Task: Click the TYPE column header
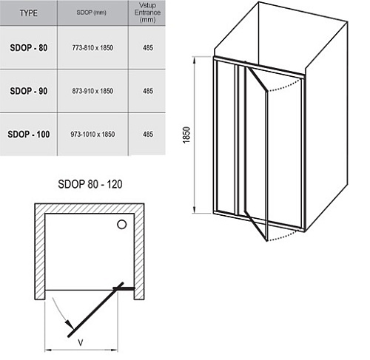[29, 13]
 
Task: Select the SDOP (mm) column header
[91, 13]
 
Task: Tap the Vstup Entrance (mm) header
[147, 13]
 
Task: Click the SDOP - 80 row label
[29, 47]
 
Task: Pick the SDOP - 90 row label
[29, 91]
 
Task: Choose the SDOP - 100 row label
[29, 135]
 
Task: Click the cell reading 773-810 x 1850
[92, 47]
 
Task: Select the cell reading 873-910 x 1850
[92, 91]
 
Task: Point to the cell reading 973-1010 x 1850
[92, 135]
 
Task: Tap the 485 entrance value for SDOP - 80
[148, 47]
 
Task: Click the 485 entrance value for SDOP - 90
[148, 91]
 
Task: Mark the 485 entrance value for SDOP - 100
[148, 135]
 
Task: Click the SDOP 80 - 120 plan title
[90, 184]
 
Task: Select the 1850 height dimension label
[186, 135]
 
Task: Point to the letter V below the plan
[81, 342]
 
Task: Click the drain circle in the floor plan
[121, 225]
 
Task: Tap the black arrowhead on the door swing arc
[70, 324]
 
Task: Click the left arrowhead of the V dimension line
[48, 350]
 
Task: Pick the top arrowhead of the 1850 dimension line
[195, 61]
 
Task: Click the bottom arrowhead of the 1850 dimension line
[195, 209]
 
